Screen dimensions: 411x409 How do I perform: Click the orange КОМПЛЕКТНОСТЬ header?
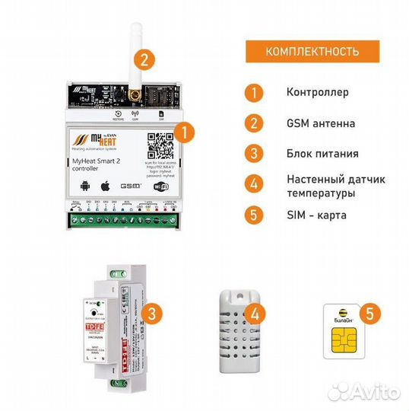point(311,52)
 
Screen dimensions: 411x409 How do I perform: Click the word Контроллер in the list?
point(317,92)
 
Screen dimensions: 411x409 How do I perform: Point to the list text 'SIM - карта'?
point(317,215)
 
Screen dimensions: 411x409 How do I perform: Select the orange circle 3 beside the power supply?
point(154,313)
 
